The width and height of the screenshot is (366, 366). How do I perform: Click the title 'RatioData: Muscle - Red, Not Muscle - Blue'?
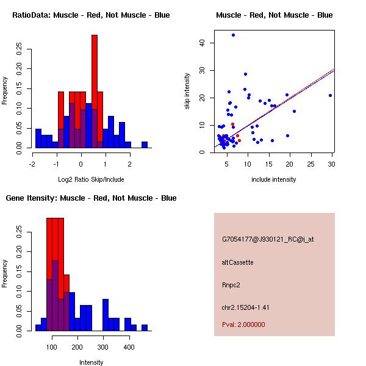pos(91,15)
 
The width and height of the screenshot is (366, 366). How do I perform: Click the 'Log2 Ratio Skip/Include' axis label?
pos(91,179)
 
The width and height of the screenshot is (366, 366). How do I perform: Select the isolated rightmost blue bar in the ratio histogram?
pos(145,145)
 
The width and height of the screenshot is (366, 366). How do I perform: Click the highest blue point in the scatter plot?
pos(233,35)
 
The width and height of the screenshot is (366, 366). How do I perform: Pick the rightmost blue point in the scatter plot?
pos(330,95)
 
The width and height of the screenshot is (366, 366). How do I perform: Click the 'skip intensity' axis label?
pos(187,91)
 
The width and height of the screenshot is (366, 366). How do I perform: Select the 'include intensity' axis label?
pos(273,179)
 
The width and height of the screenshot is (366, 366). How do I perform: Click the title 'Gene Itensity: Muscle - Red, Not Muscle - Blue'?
pos(91,198)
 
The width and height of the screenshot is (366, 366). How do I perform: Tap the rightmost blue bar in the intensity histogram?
pos(145,328)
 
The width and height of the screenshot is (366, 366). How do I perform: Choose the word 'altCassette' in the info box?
pos(237,262)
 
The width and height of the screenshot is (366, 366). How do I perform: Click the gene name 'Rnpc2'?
pos(231,285)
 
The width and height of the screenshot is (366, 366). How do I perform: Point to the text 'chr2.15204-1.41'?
pos(245,307)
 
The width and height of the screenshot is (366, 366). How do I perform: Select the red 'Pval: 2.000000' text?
pos(243,325)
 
